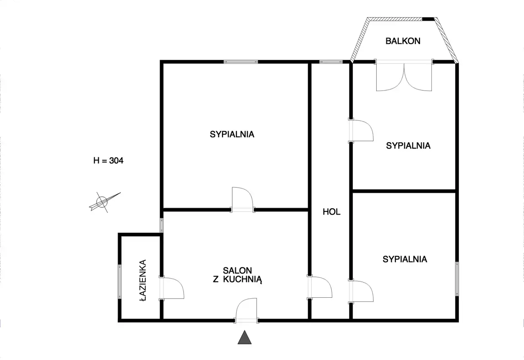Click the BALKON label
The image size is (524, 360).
(403, 41)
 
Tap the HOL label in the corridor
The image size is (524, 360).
(332, 212)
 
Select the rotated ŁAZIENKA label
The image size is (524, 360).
(143, 280)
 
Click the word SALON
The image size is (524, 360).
(237, 271)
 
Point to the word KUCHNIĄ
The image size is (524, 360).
(243, 280)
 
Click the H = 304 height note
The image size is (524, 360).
(108, 161)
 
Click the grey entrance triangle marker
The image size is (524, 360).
(244, 337)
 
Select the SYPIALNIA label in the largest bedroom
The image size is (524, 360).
(232, 134)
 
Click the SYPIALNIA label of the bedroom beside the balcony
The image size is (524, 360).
(408, 146)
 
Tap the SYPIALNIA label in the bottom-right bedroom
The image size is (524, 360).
(405, 259)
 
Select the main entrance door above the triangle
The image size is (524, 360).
(246, 310)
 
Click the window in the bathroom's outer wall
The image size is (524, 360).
(120, 282)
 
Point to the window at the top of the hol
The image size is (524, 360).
(331, 62)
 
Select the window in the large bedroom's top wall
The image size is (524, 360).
(241, 62)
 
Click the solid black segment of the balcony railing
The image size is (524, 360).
(428, 19)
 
